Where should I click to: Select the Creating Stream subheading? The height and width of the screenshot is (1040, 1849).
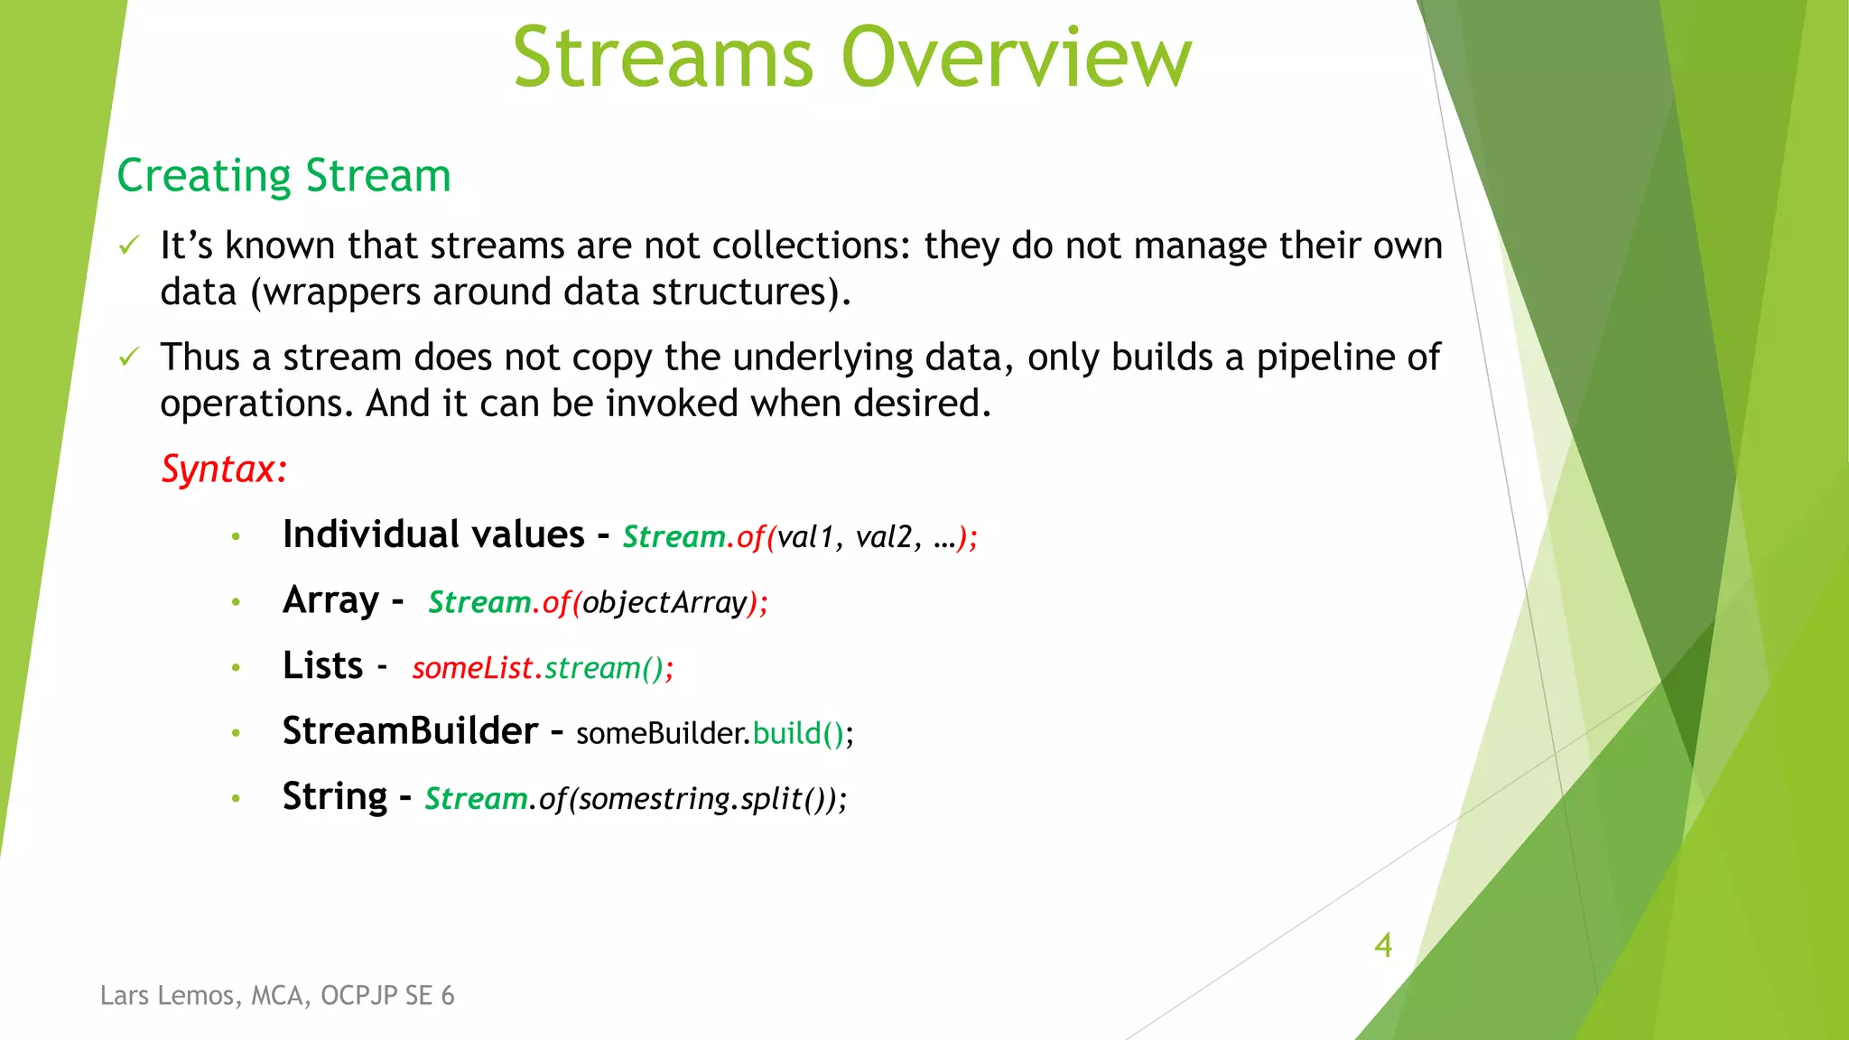(283, 175)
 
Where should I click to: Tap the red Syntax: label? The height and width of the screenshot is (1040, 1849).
(224, 469)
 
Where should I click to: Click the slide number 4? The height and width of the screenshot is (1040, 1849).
(1382, 945)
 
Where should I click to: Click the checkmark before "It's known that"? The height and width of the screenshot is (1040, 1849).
(130, 245)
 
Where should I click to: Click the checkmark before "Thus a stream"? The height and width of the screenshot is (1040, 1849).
(130, 357)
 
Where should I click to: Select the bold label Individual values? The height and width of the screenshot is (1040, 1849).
(433, 534)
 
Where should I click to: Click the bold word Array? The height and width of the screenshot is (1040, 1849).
(330, 600)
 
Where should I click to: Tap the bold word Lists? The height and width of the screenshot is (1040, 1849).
(322, 665)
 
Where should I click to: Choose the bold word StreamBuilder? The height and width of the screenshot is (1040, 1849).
(410, 730)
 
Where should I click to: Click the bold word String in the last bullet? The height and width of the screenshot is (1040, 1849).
(334, 796)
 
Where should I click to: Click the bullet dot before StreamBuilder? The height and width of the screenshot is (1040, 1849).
(236, 733)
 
